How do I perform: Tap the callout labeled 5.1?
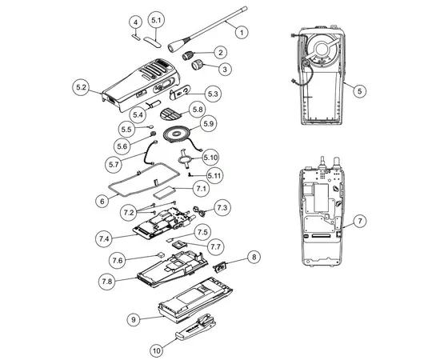pyautogui.click(x=157, y=19)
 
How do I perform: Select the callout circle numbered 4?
pyautogui.click(x=135, y=22)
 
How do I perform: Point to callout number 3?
pyautogui.click(x=226, y=70)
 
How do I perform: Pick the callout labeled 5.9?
pyautogui.click(x=209, y=124)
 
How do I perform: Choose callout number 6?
pyautogui.click(x=102, y=202)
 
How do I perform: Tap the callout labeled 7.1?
pyautogui.click(x=200, y=188)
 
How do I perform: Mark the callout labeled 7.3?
pyautogui.click(x=222, y=208)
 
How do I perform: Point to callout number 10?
pyautogui.click(x=156, y=349)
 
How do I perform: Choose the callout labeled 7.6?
pyautogui.click(x=118, y=260)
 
